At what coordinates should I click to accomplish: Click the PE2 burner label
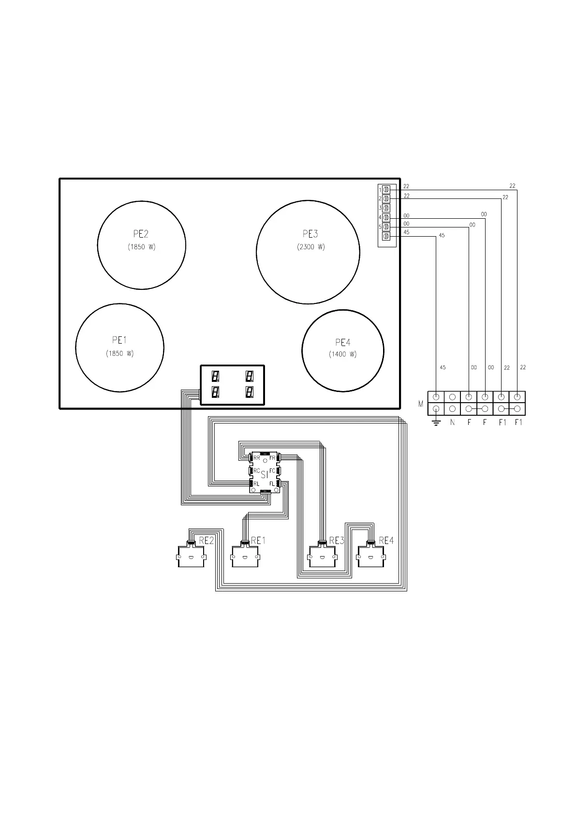click(141, 234)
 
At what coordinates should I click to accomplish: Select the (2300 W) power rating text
click(311, 247)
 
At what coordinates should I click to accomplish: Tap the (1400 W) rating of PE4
click(342, 354)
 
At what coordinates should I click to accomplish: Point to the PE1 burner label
click(119, 340)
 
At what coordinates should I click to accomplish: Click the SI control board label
click(265, 474)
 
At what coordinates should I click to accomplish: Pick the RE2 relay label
click(206, 541)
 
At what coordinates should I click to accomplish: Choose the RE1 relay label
click(258, 541)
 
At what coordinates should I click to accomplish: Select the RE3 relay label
click(337, 541)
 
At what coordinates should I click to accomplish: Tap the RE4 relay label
click(386, 541)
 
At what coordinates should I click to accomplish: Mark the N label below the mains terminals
click(452, 423)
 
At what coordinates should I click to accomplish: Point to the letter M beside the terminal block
click(421, 404)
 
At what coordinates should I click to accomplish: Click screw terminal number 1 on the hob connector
click(386, 190)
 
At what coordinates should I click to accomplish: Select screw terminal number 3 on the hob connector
click(386, 208)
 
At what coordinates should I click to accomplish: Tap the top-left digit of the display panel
click(215, 376)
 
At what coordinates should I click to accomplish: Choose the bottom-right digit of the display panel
click(250, 392)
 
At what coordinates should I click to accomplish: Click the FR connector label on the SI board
click(272, 458)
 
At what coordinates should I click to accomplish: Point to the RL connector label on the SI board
click(256, 484)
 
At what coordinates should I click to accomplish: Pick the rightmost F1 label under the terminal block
click(518, 423)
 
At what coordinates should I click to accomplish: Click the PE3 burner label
click(310, 234)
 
